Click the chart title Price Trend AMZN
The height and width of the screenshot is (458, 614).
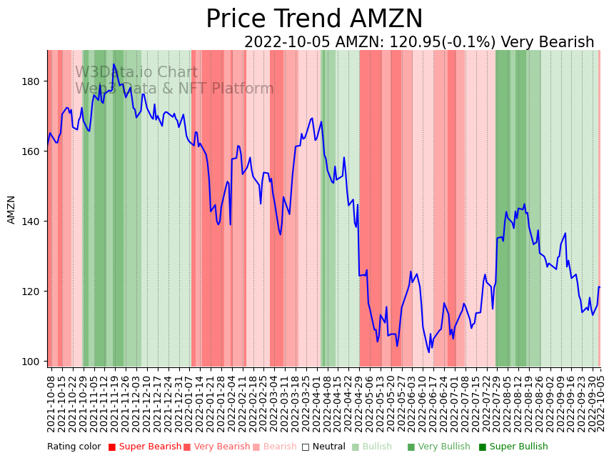314,19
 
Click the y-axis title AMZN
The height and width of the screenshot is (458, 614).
11,209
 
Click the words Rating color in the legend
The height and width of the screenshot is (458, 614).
74,447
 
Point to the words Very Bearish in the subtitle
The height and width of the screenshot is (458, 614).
548,42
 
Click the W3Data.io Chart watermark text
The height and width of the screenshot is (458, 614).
136,72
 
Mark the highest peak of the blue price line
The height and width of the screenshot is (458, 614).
114,64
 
